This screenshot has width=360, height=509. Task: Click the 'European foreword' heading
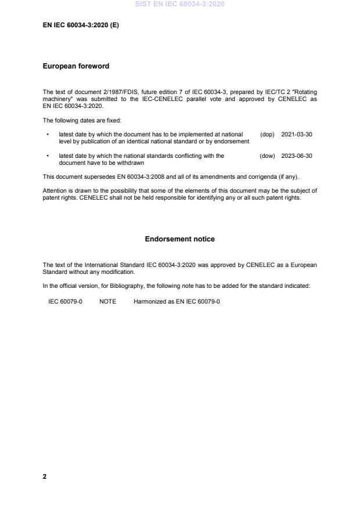[76, 66]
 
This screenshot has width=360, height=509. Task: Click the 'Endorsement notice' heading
[179, 239]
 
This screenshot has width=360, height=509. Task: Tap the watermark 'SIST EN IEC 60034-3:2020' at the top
[179, 4]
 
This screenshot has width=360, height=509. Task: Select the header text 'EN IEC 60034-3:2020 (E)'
[81, 26]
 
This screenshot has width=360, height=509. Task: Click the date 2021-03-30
[297, 135]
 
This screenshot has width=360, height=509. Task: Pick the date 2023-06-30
[297, 156]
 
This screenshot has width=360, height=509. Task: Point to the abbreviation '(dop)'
[267, 135]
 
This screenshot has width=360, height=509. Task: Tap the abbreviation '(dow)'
[267, 156]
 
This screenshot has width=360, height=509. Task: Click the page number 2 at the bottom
[45, 476]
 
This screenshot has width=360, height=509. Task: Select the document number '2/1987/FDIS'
[111, 92]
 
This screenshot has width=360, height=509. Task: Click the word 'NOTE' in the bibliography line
[107, 302]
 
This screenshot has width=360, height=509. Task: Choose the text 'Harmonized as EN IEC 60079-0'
[177, 302]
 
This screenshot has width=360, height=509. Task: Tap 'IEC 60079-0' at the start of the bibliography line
[65, 302]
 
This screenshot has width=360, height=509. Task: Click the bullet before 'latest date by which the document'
[46, 135]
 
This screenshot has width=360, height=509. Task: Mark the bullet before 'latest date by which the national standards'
[46, 156]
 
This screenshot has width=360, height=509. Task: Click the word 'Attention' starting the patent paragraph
[54, 190]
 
